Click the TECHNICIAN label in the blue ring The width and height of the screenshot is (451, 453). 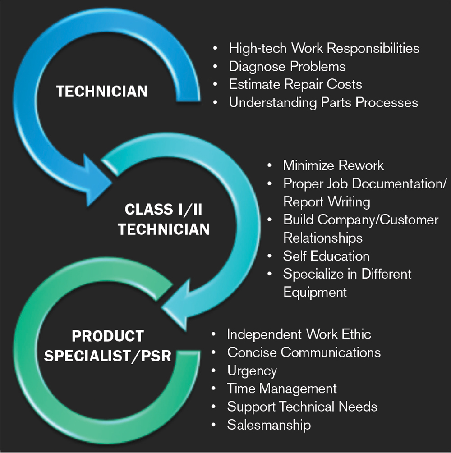click(101, 92)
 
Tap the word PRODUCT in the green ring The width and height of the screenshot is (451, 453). click(107, 336)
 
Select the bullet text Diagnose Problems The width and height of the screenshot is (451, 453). click(287, 66)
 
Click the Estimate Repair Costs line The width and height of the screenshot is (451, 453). click(295, 84)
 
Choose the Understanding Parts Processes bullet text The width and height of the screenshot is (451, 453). click(323, 102)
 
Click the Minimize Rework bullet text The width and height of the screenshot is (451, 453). click(333, 165)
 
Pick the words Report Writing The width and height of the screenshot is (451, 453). click(327, 201)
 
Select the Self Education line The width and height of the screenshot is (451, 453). click(326, 256)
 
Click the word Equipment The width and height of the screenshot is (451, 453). click(315, 292)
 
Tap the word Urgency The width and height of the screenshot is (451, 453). click(252, 371)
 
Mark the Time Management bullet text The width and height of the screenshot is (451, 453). click(282, 389)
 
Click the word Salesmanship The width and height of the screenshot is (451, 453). click(269, 425)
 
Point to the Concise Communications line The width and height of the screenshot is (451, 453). click(304, 352)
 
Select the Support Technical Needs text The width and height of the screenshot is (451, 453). click(302, 407)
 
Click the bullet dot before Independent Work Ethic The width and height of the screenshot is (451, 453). click(214, 334)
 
